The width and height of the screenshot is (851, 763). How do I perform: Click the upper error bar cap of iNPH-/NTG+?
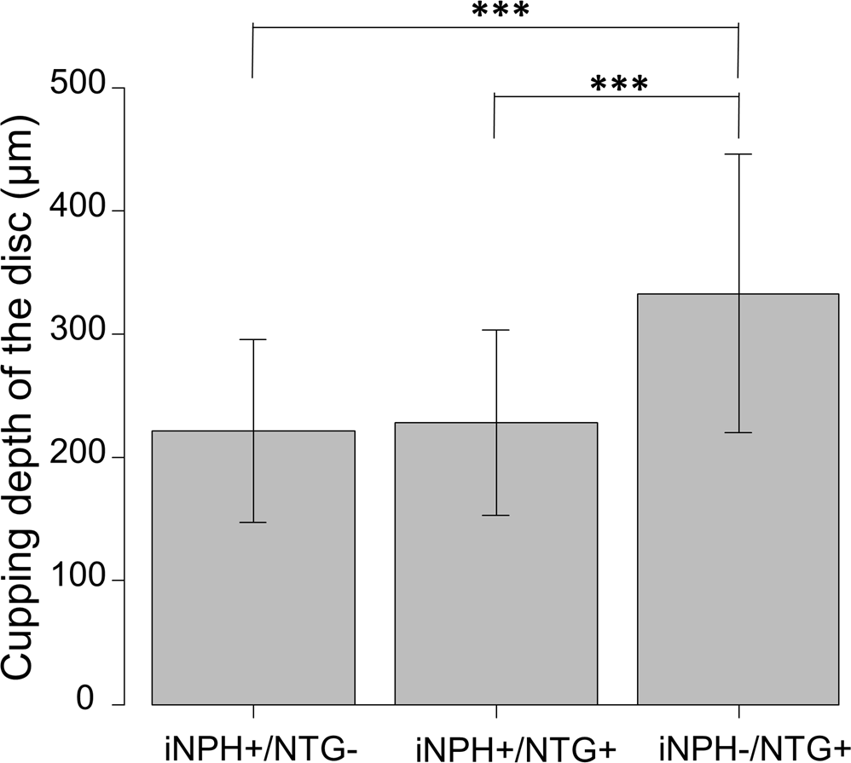pyautogui.click(x=738, y=154)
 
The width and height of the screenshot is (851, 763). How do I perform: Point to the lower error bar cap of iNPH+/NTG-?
pyautogui.click(x=252, y=522)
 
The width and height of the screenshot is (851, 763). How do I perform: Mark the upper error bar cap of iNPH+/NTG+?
pyautogui.click(x=495, y=330)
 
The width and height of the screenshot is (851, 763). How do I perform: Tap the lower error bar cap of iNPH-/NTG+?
pyautogui.click(x=738, y=433)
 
